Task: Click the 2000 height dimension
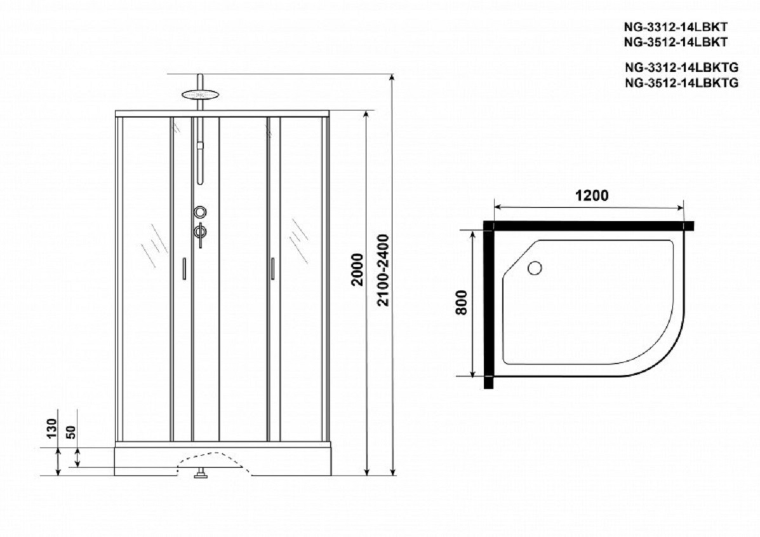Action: (357, 269)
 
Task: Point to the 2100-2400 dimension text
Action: (384, 269)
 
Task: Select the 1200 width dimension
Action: (591, 196)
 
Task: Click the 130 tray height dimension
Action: (52, 428)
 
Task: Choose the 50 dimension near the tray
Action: (71, 432)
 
